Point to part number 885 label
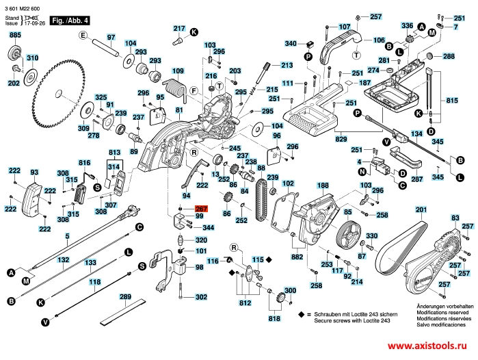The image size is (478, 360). (15, 34)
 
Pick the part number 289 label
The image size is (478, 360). (124, 298)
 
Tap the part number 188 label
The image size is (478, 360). (323, 185)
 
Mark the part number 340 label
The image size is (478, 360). (291, 44)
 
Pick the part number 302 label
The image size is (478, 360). (200, 297)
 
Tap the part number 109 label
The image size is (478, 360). (178, 70)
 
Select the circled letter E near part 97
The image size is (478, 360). (81, 35)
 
